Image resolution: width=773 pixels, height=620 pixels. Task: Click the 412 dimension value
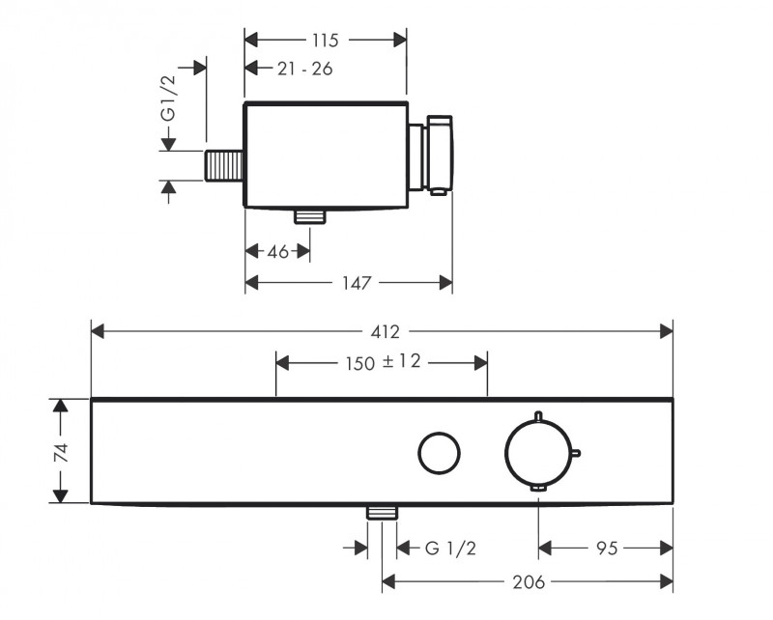pos(385,331)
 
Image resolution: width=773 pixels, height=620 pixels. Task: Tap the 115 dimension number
pos(325,40)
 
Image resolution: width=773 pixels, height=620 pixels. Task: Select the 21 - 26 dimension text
pos(304,69)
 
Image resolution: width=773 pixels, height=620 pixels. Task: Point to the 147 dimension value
pos(357,283)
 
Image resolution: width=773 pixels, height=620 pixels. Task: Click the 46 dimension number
pos(277,252)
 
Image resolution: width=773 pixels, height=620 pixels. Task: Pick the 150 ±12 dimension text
pos(383,363)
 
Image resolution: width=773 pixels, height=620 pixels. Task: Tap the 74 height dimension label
pos(61,453)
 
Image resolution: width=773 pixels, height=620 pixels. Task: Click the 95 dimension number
pos(607,548)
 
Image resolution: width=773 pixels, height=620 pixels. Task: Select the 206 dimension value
pos(529,582)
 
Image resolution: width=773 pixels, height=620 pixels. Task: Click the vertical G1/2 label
pos(168,99)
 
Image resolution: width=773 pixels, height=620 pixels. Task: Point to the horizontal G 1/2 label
pos(450,548)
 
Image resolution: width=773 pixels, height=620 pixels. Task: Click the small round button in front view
pos(439,453)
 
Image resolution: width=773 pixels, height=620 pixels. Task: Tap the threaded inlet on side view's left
pos(224,165)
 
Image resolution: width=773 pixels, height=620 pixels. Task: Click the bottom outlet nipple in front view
pos(382,513)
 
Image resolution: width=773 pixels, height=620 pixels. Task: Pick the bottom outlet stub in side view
pos(310,216)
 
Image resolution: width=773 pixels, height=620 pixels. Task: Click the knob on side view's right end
pos(440,155)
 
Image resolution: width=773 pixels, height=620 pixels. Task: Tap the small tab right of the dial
pos(576,453)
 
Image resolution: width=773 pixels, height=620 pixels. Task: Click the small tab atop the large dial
pos(538,416)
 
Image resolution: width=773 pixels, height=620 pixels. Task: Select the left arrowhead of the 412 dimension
pos(98,331)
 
